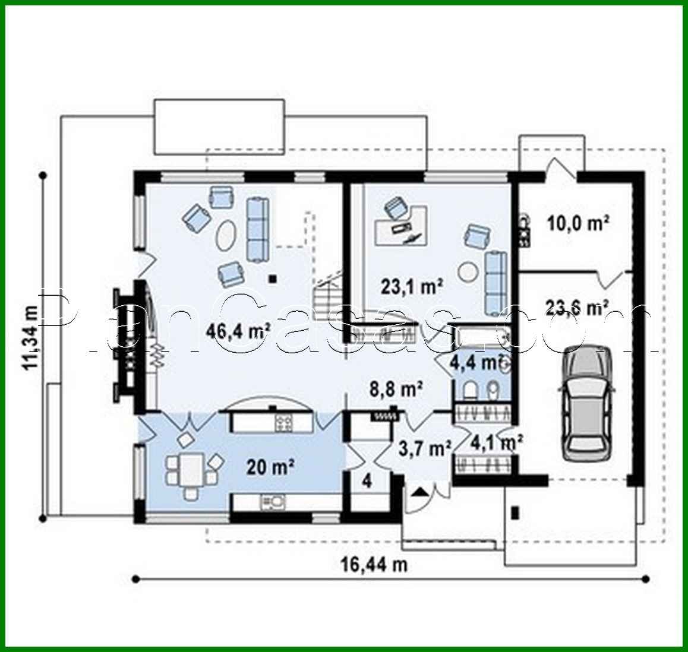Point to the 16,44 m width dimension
(374, 565)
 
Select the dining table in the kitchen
(191, 469)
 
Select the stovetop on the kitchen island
(283, 423)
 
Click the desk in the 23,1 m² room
(401, 226)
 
